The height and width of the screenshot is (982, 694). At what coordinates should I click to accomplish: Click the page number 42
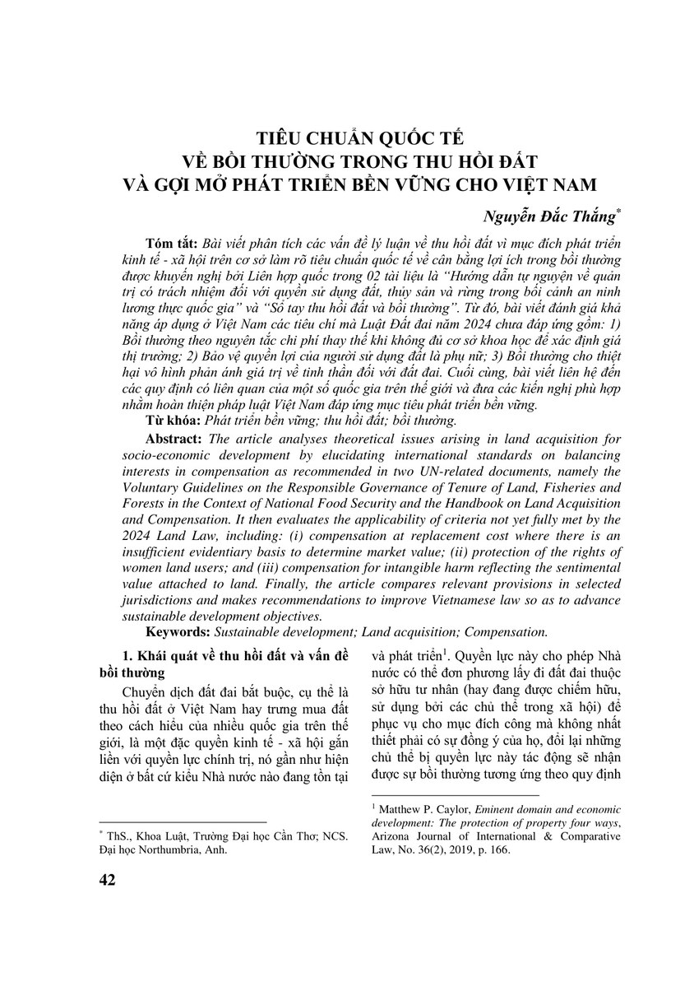coord(106,880)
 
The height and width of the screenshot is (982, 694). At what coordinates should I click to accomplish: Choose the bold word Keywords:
coord(178,631)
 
